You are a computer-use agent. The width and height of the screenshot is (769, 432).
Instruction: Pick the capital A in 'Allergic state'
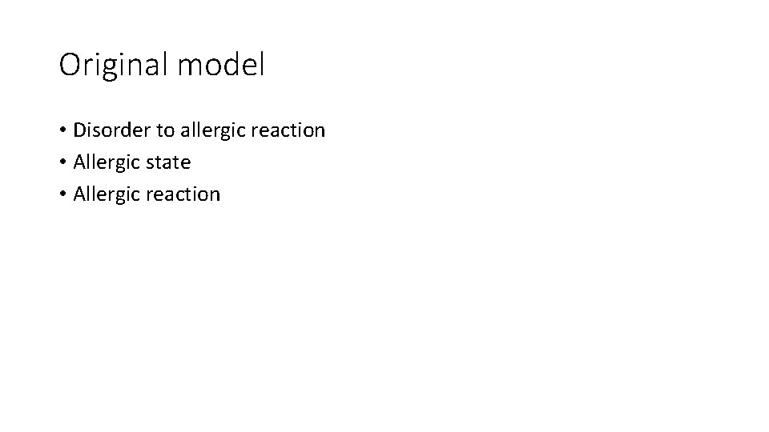pos(79,162)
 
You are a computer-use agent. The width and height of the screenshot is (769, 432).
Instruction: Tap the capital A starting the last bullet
pos(79,194)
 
